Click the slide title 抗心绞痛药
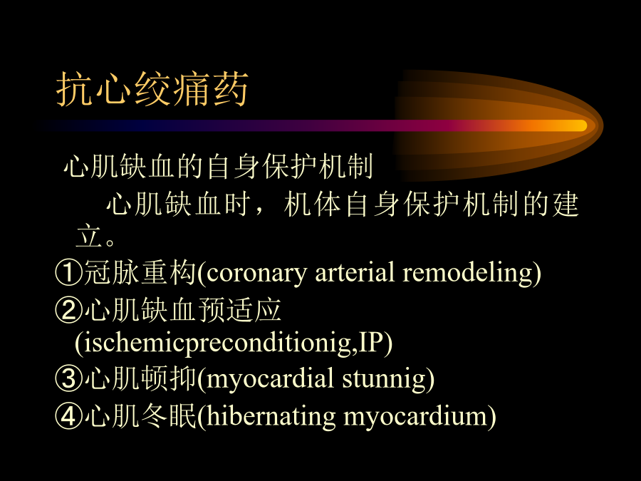152,89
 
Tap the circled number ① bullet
68,273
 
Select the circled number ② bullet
68,310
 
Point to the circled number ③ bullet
68,378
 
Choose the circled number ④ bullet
68,416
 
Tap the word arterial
355,271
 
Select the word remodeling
468,273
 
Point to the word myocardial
270,379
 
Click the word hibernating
271,416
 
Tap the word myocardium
415,417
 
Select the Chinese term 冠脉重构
140,273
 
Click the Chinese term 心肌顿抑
140,378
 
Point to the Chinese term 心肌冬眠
140,416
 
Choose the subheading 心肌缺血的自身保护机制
219,167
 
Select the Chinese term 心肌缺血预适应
183,310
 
